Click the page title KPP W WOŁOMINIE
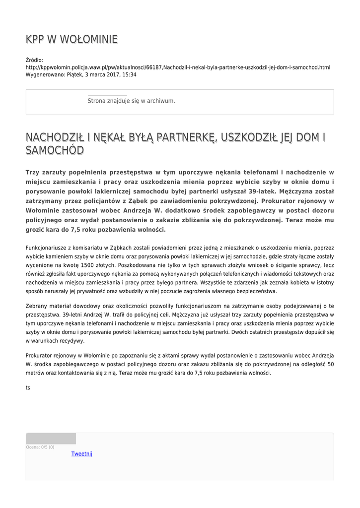(x=72, y=40)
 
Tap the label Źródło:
(x=34, y=60)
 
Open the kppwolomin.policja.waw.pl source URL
(x=178, y=67)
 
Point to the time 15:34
(x=129, y=75)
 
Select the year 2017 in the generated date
(x=103, y=75)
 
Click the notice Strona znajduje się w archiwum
(x=131, y=101)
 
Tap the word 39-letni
(x=74, y=315)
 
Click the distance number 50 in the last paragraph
(x=331, y=364)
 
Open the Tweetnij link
(x=81, y=453)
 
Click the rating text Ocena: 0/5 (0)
(x=40, y=447)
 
